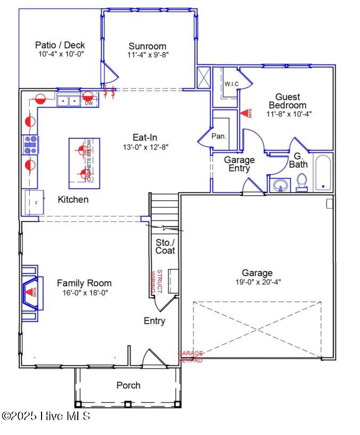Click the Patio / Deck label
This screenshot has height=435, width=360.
tap(60, 45)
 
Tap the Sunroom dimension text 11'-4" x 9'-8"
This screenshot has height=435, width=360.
tap(148, 55)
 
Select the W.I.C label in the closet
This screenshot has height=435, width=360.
tap(231, 84)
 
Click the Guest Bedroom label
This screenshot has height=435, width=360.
tap(288, 101)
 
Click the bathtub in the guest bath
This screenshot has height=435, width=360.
tap(323, 173)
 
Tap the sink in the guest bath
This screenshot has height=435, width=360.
tap(280, 185)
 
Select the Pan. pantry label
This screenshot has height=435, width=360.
tap(219, 136)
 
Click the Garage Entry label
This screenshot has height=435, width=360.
tap(239, 164)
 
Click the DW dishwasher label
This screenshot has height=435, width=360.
tap(88, 104)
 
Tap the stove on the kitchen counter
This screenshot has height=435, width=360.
tap(30, 145)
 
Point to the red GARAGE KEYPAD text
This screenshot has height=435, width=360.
tap(190, 357)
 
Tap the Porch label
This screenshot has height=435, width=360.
tap(128, 385)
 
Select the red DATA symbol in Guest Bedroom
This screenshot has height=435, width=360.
tap(246, 113)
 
